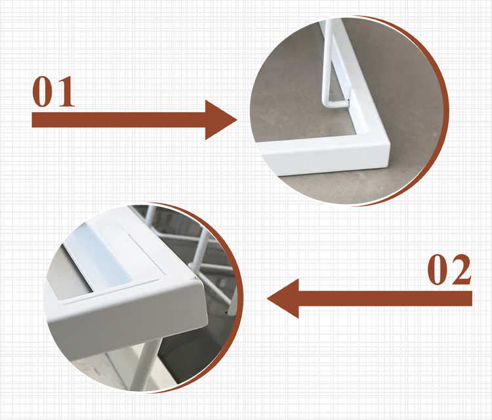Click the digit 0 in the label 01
43,91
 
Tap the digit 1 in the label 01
65,91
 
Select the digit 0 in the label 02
438,270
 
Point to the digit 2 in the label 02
461,269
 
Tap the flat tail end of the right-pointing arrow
32,119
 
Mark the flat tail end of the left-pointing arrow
472,299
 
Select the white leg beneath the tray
145,364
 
